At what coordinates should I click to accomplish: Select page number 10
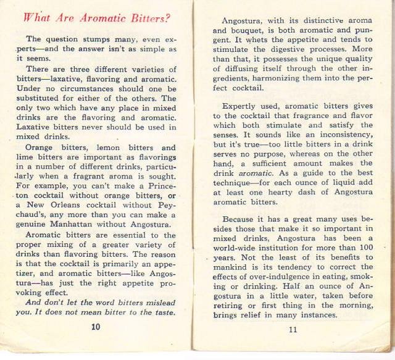coord(95,327)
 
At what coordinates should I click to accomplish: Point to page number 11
coord(293,329)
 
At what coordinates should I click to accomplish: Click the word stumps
coord(93,39)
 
